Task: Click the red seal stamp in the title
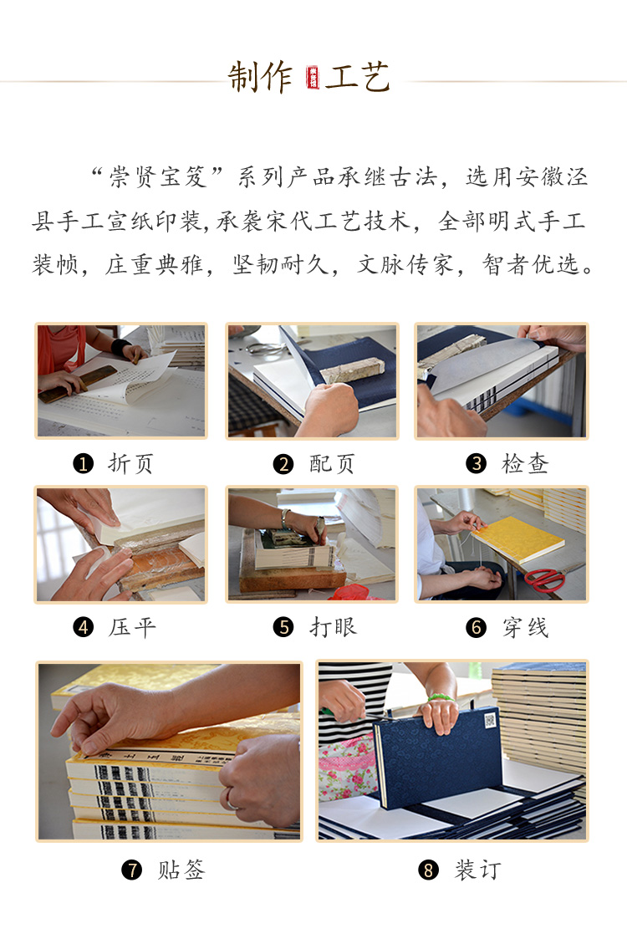[313, 78]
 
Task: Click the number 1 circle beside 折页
[83, 463]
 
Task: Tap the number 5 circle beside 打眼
[283, 627]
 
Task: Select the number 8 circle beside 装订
[428, 870]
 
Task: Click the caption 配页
[332, 463]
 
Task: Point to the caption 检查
[525, 463]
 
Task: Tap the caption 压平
[132, 627]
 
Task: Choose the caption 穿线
[525, 627]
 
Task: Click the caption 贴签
[181, 870]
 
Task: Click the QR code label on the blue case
[490, 720]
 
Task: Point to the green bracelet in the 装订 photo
[439, 698]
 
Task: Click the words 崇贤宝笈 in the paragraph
[158, 177]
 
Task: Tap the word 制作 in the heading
[260, 77]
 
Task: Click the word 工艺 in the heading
[358, 77]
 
